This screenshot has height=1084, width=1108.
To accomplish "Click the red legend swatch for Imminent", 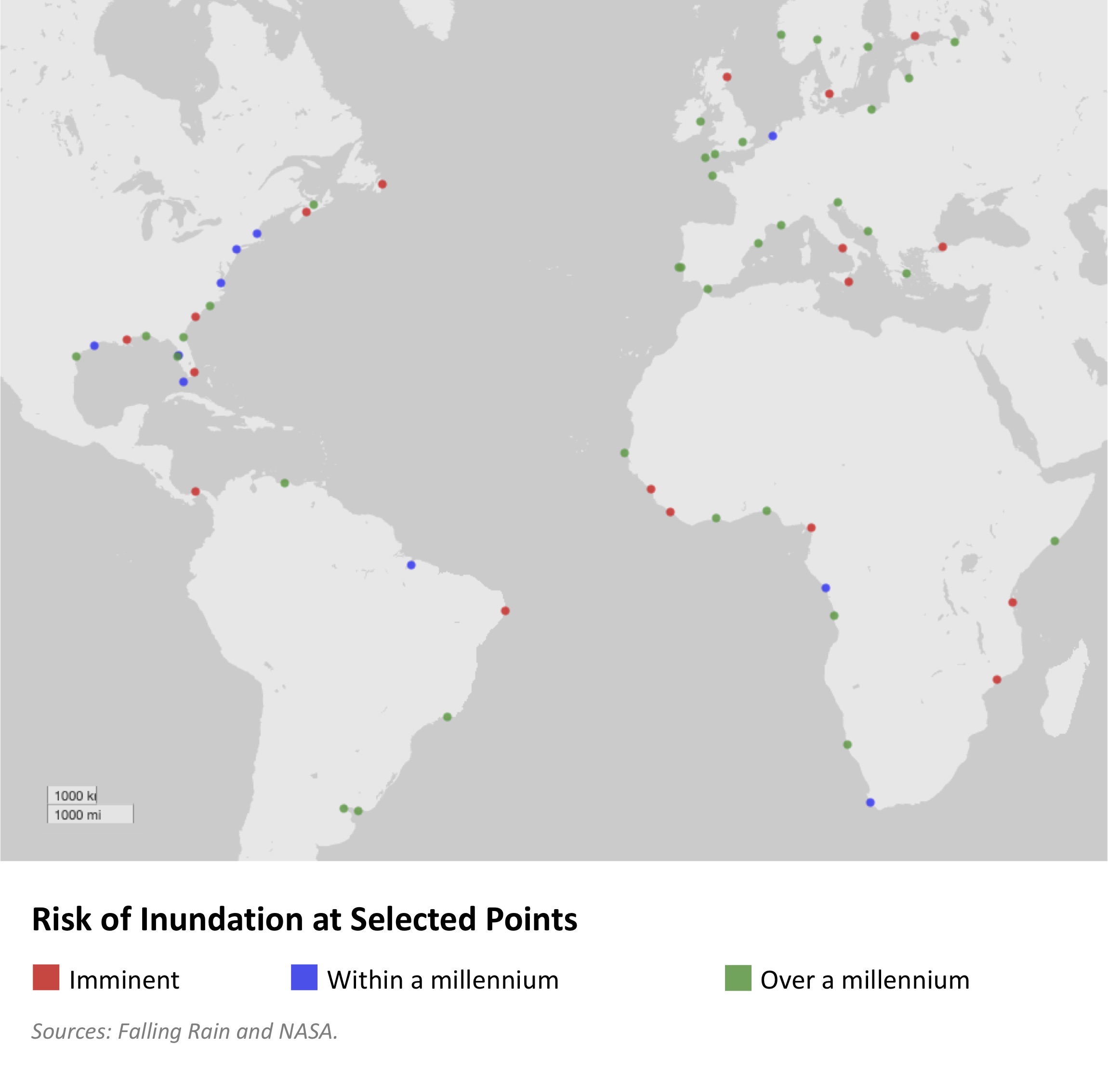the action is tap(46, 978).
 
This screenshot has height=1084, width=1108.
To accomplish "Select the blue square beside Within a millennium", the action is tap(304, 978).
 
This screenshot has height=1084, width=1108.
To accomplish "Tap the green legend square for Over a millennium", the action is tap(738, 978).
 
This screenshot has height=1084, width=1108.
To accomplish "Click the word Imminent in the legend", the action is tap(124, 980).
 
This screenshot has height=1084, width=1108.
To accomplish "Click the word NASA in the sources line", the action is tap(307, 1031).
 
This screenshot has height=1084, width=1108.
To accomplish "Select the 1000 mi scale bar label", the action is tap(78, 815).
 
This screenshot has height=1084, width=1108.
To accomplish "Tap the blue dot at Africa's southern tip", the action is tap(870, 803).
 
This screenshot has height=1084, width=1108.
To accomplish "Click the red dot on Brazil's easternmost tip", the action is tap(505, 611).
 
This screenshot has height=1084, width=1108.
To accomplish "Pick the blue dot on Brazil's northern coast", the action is tap(411, 565).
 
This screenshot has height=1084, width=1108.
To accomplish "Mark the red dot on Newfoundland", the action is tap(383, 184).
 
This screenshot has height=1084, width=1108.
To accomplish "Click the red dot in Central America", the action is tap(195, 491).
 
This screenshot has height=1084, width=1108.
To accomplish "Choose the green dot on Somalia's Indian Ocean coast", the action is tap(1055, 541).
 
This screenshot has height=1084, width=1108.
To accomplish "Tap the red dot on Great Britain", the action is tap(727, 77).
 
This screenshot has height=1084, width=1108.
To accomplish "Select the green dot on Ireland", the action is tap(700, 121).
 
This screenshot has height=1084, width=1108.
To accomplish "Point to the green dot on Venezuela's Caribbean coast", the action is tap(285, 483).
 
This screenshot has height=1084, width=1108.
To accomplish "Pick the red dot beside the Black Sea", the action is tap(943, 247).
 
